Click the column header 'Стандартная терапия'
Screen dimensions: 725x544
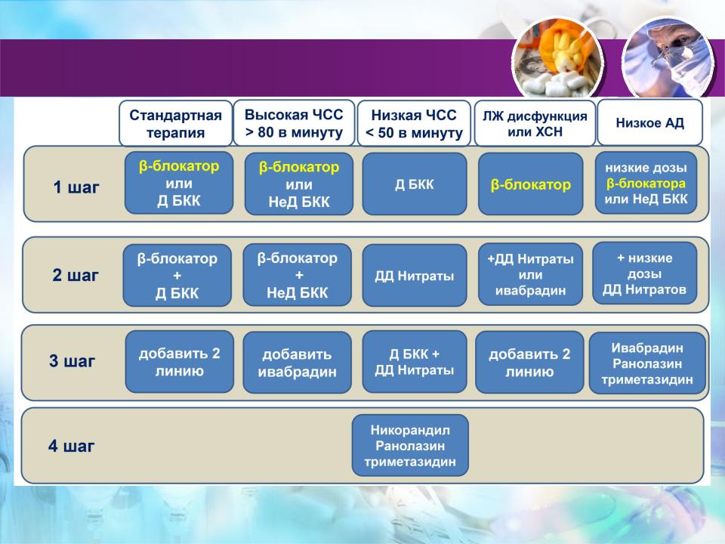pyautogui.click(x=175, y=123)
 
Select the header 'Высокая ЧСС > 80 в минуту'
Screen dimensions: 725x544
pyautogui.click(x=294, y=123)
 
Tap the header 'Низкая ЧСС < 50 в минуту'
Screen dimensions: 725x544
pyautogui.click(x=414, y=123)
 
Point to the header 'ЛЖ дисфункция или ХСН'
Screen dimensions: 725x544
pyautogui.click(x=535, y=123)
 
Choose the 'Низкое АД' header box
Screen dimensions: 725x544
pyautogui.click(x=649, y=122)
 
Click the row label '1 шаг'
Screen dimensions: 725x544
pyautogui.click(x=76, y=187)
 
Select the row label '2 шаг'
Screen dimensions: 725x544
pyautogui.click(x=76, y=275)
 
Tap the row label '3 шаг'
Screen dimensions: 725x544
pyautogui.click(x=72, y=361)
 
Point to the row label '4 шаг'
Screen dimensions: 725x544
pyautogui.click(x=71, y=446)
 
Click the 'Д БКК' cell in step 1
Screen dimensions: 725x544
pyautogui.click(x=415, y=184)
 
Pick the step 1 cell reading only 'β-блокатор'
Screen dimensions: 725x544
pyautogui.click(x=530, y=184)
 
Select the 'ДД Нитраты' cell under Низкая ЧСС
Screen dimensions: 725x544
pyautogui.click(x=415, y=276)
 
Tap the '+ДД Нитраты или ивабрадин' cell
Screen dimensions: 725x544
pyautogui.click(x=530, y=275)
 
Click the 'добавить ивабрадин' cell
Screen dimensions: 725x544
pyautogui.click(x=297, y=363)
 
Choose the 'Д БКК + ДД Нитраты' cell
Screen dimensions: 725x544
pyautogui.click(x=415, y=362)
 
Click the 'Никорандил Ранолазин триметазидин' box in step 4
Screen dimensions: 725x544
pyautogui.click(x=410, y=446)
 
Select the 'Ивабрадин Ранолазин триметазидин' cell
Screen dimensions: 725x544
pyautogui.click(x=647, y=363)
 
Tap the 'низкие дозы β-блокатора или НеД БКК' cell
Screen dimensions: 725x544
pyautogui.click(x=646, y=183)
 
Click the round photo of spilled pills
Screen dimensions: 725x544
pyautogui.click(x=557, y=60)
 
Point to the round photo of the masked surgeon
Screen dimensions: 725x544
pyautogui.click(x=668, y=59)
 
